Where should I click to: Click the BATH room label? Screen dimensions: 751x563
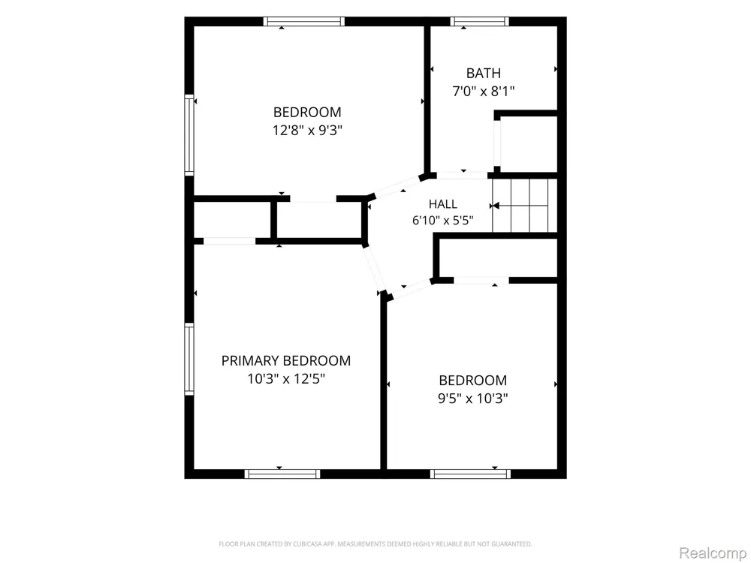(x=483, y=74)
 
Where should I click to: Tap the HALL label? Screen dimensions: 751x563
(x=442, y=204)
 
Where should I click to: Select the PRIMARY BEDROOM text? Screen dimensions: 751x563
(x=286, y=360)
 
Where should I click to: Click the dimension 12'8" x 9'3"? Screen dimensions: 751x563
(x=307, y=130)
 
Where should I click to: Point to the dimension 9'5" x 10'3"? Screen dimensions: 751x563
(x=472, y=399)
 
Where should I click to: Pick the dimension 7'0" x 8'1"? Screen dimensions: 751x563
(x=484, y=91)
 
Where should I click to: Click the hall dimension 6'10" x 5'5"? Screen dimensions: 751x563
(x=443, y=220)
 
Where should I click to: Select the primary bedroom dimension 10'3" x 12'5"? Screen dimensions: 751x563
(x=286, y=378)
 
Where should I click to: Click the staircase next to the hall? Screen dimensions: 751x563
(x=524, y=206)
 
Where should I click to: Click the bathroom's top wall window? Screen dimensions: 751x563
(x=479, y=21)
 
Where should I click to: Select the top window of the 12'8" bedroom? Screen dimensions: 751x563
(x=303, y=21)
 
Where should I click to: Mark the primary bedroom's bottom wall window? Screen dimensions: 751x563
(x=282, y=474)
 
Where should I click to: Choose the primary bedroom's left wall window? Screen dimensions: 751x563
(x=189, y=359)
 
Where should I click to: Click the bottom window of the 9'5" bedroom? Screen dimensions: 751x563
(x=470, y=474)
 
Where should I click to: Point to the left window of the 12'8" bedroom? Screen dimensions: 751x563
(x=189, y=135)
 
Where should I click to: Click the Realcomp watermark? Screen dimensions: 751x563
(x=712, y=553)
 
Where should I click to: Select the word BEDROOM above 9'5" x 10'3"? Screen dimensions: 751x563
(x=472, y=380)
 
